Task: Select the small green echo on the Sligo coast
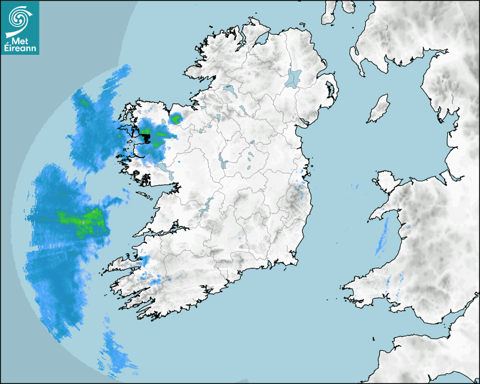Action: coord(176,119)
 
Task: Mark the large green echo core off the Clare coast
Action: coord(85,218)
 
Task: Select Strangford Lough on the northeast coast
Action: coord(330,89)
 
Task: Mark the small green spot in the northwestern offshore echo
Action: coord(85,103)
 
